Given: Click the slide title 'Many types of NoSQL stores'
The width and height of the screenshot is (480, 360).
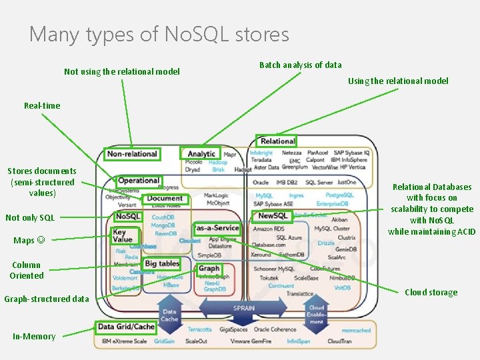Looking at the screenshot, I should tap(159, 33).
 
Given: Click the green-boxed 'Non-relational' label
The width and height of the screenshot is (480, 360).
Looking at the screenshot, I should tap(132, 154).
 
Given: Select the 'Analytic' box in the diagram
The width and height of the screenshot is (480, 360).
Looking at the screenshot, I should tap(201, 154).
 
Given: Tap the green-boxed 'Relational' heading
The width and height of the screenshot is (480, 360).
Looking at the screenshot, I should tap(277, 141).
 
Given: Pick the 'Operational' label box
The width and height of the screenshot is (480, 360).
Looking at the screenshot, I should tap(139, 181).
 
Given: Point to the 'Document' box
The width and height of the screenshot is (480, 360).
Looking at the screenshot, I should tap(165, 198).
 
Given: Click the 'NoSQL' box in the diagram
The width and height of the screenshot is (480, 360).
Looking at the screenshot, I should tap(128, 217).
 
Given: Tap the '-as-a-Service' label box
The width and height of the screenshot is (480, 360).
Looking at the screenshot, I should tap(216, 228).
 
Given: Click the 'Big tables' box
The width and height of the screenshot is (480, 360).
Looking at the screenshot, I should tap(161, 263).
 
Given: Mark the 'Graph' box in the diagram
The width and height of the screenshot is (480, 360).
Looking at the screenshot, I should tap(209, 269).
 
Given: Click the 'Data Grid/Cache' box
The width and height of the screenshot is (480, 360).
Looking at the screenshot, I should tap(126, 327).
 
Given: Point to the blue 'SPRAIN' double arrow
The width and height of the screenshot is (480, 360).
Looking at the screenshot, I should tap(243, 309).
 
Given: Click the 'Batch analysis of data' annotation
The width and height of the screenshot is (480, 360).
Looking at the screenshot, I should tap(300, 65).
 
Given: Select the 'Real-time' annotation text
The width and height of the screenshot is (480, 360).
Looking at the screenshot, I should tap(42, 105).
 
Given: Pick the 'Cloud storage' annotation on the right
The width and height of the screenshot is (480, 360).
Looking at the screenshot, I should tap(431, 292).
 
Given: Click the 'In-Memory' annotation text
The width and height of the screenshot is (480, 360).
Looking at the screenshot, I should tap(34, 336).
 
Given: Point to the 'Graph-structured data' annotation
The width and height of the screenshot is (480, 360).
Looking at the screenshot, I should tap(47, 299).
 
